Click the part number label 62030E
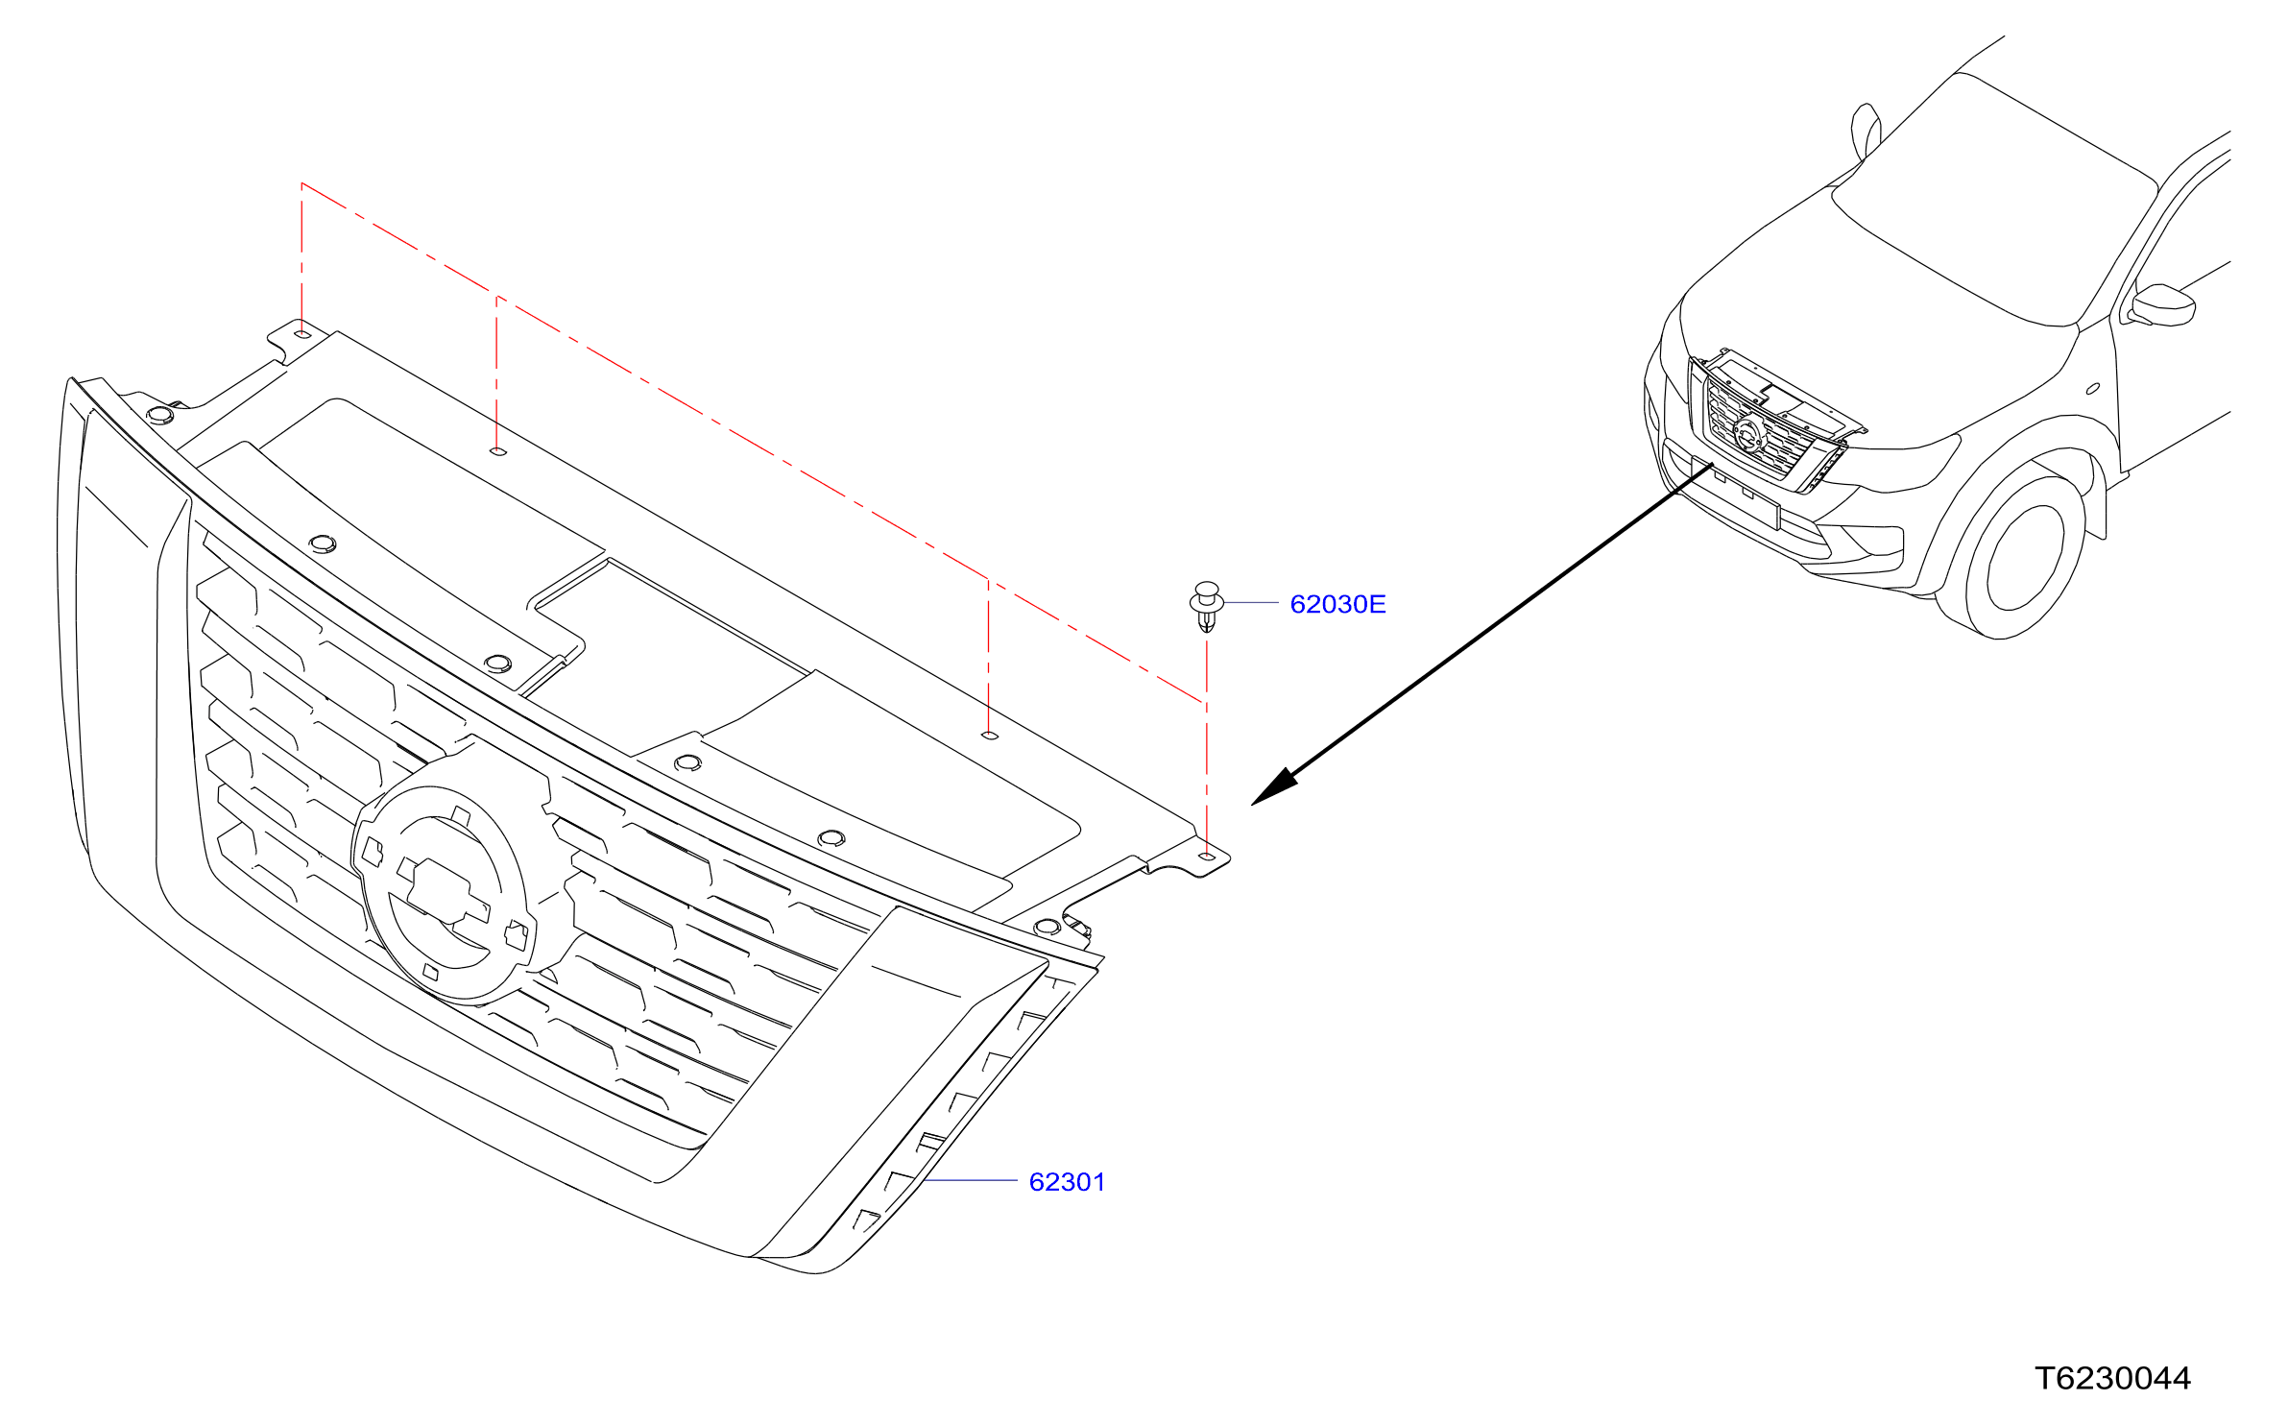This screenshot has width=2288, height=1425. pos(1337,604)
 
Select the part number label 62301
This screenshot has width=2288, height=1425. pos(1067,1182)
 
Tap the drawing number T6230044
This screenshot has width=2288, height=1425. pos(2112,1379)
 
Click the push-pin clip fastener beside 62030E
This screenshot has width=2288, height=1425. pos(1207,606)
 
